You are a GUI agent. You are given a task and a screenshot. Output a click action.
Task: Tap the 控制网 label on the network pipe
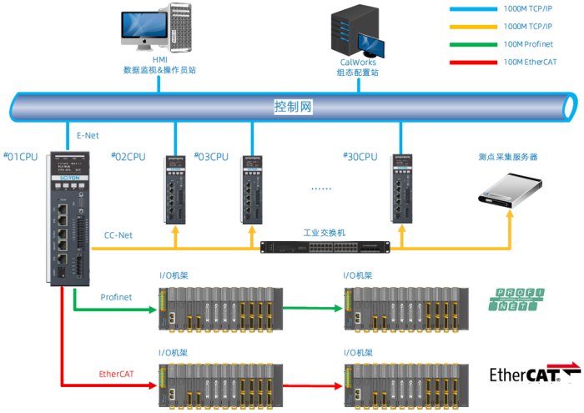294,107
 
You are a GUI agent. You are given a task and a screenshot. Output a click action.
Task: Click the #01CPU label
22,156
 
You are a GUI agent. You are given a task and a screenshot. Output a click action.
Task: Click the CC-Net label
118,235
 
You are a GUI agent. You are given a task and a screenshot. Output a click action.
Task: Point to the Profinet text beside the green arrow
116,297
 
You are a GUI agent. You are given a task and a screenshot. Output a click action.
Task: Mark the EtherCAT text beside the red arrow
116,374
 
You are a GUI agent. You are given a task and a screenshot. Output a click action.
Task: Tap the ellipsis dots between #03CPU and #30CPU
321,189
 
